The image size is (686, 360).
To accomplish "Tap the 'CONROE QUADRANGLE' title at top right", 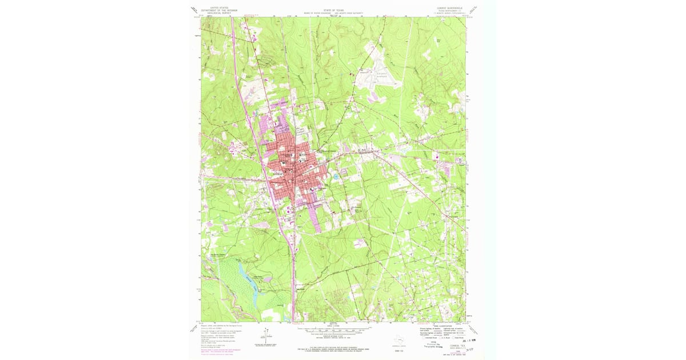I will tap(450, 8).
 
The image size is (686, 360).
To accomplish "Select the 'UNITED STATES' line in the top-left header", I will tap(219, 7).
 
